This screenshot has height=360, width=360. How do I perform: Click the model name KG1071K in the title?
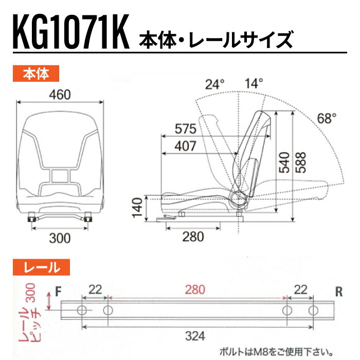pos(71,32)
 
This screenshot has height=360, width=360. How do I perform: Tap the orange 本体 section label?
pos(36,74)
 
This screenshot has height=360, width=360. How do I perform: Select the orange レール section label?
pos(41,267)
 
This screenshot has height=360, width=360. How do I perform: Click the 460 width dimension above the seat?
pos(60,95)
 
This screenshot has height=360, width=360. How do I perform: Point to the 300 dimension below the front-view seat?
pos(60,238)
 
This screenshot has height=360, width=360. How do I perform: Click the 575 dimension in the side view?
pos(186,129)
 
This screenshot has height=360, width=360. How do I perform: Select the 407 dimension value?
pos(186,146)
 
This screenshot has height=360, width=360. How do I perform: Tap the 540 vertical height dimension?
pos(284,163)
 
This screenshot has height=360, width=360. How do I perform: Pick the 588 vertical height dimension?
pos(301,163)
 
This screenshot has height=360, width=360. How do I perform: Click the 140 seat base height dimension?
pos(137,208)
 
